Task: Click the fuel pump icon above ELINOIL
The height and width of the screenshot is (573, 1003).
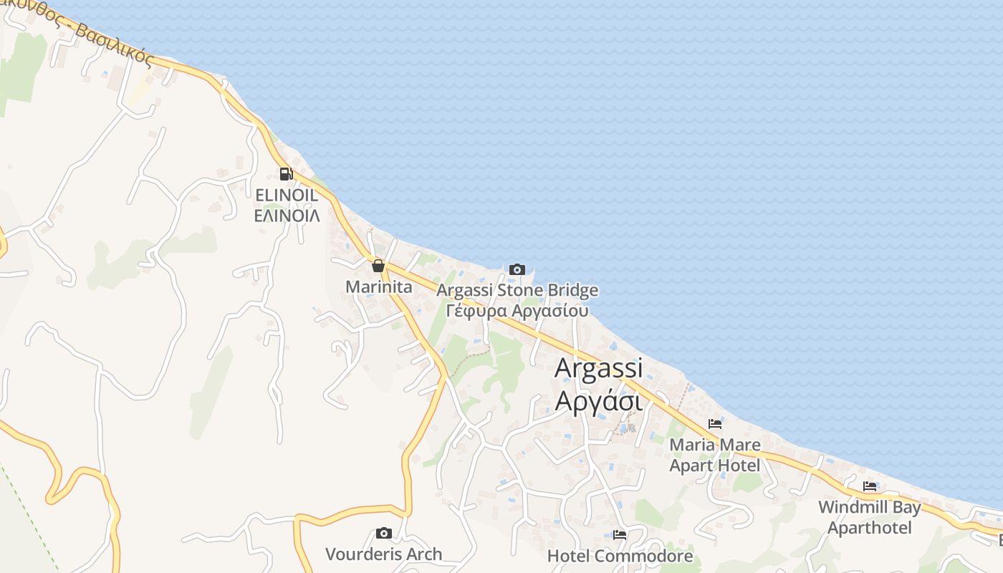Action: pyautogui.click(x=286, y=173)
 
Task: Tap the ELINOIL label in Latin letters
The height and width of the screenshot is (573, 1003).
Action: pyautogui.click(x=287, y=195)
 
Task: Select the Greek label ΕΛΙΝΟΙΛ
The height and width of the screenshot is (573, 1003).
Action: pyautogui.click(x=287, y=215)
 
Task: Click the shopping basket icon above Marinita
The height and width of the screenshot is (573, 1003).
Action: pyautogui.click(x=378, y=266)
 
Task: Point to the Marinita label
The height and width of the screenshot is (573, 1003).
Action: pyautogui.click(x=379, y=287)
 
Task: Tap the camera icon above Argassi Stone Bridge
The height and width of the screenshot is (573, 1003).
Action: pyautogui.click(x=517, y=269)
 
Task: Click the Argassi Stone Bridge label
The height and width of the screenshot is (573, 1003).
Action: pyautogui.click(x=517, y=290)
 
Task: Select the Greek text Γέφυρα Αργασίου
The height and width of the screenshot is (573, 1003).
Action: pyautogui.click(x=517, y=311)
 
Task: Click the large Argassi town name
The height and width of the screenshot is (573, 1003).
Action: pyautogui.click(x=599, y=367)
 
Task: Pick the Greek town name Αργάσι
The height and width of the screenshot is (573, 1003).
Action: pyautogui.click(x=599, y=401)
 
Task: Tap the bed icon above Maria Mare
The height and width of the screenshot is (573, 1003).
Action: pyautogui.click(x=714, y=424)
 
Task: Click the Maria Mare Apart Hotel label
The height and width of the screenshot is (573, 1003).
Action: pyautogui.click(x=714, y=456)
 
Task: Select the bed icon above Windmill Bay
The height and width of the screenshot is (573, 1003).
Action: pyautogui.click(x=870, y=486)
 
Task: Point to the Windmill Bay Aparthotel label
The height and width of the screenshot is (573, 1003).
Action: pyautogui.click(x=870, y=518)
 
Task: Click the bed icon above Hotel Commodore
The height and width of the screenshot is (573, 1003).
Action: pyautogui.click(x=620, y=534)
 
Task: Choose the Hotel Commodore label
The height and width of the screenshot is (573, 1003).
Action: pyautogui.click(x=620, y=556)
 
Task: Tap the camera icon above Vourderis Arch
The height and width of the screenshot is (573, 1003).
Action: pyautogui.click(x=384, y=533)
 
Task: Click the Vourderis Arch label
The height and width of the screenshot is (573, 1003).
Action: pyautogui.click(x=384, y=554)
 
